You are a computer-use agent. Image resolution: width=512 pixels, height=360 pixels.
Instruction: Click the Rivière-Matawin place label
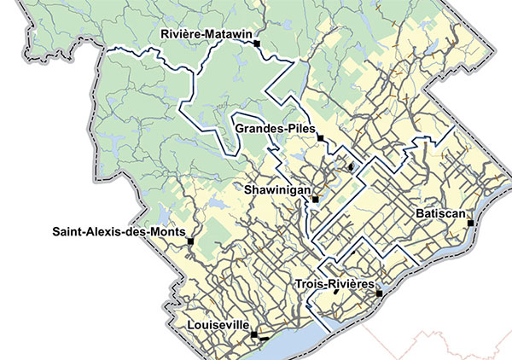[x=205, y=34]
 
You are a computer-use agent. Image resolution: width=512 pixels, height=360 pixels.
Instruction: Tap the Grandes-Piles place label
[x=272, y=130]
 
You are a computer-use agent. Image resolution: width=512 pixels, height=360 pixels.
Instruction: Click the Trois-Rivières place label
[x=334, y=283]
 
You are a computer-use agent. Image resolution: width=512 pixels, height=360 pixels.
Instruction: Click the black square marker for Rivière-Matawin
[x=256, y=42]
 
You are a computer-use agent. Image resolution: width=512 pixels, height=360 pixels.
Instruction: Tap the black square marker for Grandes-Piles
[x=320, y=137]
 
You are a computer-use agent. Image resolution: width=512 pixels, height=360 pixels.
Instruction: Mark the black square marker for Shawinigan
[x=315, y=199]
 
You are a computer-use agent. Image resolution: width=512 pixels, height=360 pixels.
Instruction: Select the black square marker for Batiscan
[x=470, y=222]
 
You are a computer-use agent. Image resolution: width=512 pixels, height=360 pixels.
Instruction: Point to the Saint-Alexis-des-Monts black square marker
[x=191, y=241]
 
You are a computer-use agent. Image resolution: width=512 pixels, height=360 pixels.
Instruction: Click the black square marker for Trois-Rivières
[x=380, y=293]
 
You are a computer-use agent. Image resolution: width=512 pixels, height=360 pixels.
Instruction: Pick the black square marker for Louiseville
[x=253, y=335]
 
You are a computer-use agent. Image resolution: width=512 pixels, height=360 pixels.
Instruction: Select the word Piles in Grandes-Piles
[x=298, y=130]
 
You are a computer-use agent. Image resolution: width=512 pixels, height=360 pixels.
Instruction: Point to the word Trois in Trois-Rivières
[x=308, y=283]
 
